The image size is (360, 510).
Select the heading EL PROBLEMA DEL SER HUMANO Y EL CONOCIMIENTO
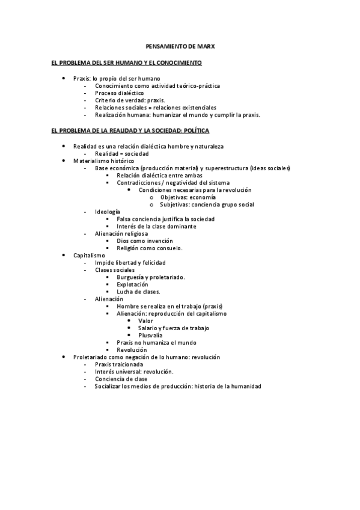click(127, 63)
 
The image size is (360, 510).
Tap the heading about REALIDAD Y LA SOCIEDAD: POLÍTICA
click(130, 131)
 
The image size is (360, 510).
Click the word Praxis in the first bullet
click(81, 78)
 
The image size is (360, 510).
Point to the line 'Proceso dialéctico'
click(119, 93)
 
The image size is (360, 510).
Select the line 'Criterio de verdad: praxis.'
click(130, 100)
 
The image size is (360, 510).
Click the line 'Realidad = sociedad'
click(121, 153)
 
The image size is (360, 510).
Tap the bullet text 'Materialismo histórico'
click(103, 161)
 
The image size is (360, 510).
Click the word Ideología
click(108, 212)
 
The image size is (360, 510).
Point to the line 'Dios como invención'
click(144, 241)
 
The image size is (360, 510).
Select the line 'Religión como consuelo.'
click(150, 248)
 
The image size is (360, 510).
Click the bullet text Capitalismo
click(89, 255)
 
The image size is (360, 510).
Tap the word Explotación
click(132, 284)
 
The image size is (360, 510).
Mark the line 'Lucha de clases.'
click(138, 291)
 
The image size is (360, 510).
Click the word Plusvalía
click(150, 335)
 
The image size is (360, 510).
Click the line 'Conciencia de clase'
click(121, 379)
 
